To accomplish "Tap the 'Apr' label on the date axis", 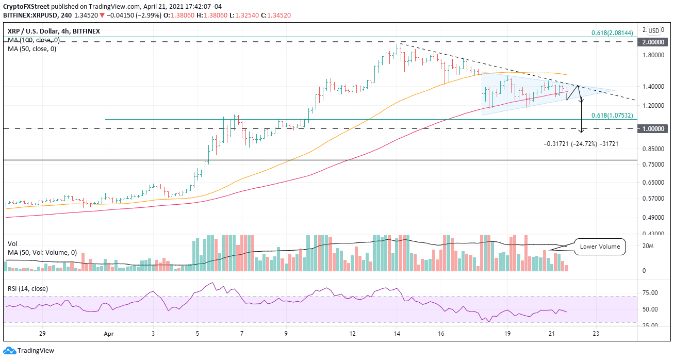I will [x=109, y=334].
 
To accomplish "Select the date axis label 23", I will [x=596, y=334].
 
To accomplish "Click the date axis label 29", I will [x=43, y=334].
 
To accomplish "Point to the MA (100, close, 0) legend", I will [x=31, y=40].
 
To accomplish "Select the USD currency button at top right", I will [x=653, y=30].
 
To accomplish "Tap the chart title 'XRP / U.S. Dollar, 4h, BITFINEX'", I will [x=53, y=31].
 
